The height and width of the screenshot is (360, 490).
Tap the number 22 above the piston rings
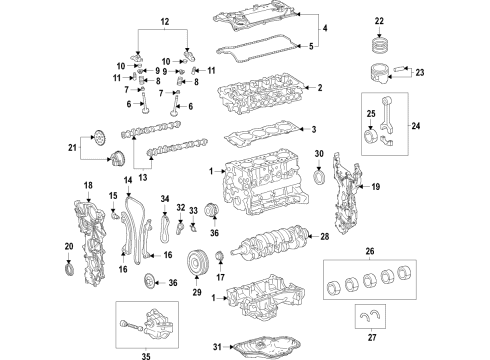378,21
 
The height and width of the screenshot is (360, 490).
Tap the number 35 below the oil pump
150,353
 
